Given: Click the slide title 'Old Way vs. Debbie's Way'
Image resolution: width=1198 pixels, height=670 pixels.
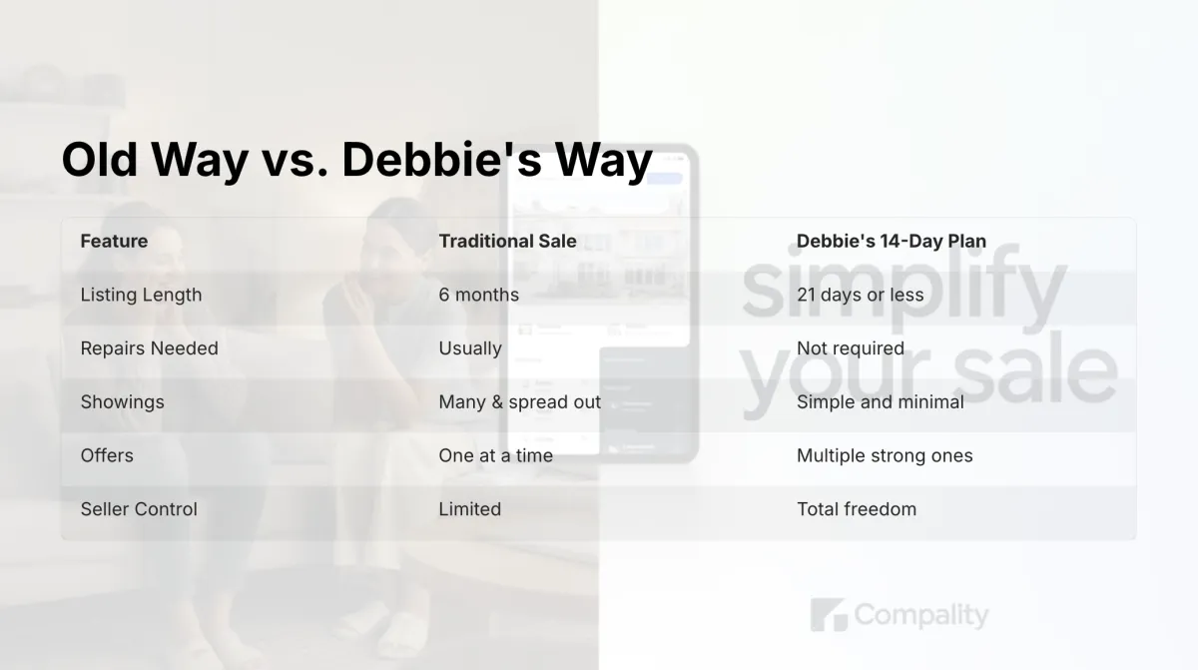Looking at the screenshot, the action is tap(356, 160).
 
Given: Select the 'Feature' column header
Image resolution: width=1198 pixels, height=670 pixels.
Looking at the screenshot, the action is tap(114, 242).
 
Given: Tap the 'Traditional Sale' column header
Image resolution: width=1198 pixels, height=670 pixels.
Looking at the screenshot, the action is tap(507, 242).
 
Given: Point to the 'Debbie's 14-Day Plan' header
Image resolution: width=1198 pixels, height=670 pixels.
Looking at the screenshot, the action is tap(892, 242).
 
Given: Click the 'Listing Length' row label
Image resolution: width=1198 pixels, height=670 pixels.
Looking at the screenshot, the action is tap(141, 295).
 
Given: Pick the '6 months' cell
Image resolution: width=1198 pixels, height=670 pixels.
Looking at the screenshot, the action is tap(478, 295).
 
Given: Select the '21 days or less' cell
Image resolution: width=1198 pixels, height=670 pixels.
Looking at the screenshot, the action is tap(860, 295).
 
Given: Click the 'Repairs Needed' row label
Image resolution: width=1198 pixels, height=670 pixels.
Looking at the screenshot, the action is tap(149, 348).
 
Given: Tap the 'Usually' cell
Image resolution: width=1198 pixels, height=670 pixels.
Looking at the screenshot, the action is tap(470, 348).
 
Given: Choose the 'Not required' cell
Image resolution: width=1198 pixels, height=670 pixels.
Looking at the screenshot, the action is tap(851, 348).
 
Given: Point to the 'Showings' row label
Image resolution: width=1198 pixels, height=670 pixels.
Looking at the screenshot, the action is tap(122, 402).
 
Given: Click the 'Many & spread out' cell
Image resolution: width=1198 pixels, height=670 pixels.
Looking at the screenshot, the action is tap(520, 402).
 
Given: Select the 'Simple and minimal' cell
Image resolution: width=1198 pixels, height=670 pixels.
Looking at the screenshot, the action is tap(881, 402).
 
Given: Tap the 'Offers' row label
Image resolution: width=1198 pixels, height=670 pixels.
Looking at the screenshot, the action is tap(107, 455).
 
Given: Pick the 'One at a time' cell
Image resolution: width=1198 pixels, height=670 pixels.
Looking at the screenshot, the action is tap(496, 455).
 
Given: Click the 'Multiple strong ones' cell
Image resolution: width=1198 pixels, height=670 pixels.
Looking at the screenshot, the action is tap(885, 455).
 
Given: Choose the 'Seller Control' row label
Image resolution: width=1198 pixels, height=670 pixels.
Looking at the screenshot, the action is tap(139, 509).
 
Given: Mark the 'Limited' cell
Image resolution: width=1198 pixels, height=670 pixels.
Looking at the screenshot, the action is tap(469, 509).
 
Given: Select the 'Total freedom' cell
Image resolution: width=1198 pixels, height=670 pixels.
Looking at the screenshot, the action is tap(857, 509).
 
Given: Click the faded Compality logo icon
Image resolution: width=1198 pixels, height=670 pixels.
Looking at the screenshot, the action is tap(829, 615).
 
